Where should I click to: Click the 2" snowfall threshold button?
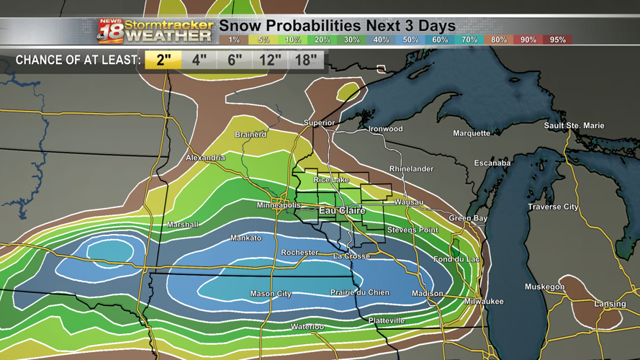[163, 60]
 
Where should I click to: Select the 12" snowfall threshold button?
[270, 60]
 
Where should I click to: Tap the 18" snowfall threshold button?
[306, 60]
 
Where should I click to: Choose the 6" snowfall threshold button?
[235, 60]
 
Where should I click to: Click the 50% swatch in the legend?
[410, 40]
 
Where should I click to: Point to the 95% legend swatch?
[558, 40]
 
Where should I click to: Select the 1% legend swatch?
[233, 40]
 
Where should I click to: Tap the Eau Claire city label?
[342, 211]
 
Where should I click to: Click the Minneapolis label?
[279, 206]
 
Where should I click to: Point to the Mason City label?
[271, 294]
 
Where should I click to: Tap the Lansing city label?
[610, 305]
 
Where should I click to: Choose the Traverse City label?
[553, 207]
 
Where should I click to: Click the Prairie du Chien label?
[360, 292]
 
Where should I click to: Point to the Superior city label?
[319, 123]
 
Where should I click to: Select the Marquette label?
[472, 133]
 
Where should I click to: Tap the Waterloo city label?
[307, 327]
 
